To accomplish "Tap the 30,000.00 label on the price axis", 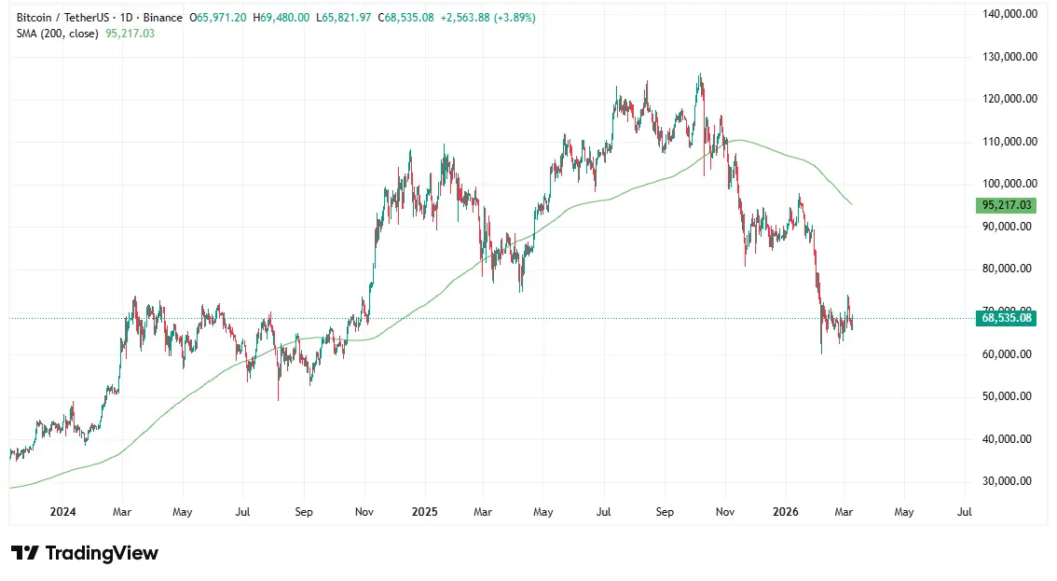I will (1010, 481).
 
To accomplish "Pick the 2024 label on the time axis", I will (63, 512).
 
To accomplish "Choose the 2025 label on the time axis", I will (425, 512).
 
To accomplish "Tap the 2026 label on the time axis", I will (786, 512).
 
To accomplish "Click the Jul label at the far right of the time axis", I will (965, 512).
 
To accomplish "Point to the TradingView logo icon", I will (24, 553).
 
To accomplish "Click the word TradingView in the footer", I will (102, 553).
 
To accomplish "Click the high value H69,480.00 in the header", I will (281, 18).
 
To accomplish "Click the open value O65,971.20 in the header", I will (219, 18).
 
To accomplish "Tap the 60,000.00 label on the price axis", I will (1010, 353).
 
